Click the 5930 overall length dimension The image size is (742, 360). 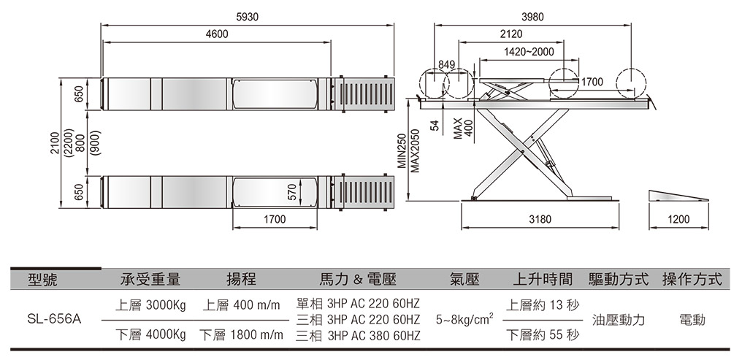pos(248,16)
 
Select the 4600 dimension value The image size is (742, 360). pos(217,34)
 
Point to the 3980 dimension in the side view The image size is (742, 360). pos(532,16)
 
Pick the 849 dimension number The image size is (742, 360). pos(446,66)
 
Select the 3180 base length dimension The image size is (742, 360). pos(539,218)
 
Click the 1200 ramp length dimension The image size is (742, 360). pos(678,218)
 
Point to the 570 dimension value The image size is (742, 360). pos(292,193)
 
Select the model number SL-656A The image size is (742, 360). pos(53,320)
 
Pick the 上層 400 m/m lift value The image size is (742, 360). pos(235,304)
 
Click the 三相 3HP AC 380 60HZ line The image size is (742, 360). pos(358,336)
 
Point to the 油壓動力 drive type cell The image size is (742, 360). pos(619,320)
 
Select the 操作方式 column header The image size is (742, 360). pos(691,280)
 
